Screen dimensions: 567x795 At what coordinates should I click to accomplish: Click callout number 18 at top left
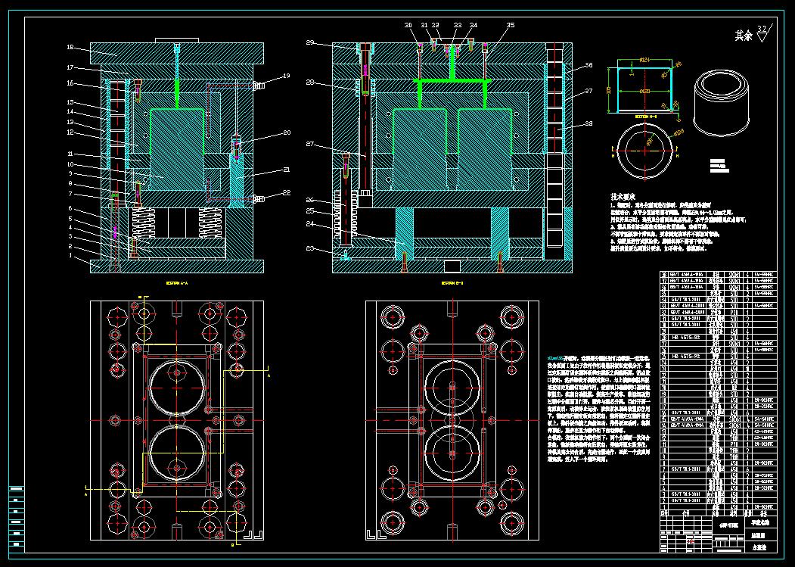click(x=70, y=48)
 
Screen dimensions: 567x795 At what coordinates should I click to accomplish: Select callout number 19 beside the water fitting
click(x=286, y=76)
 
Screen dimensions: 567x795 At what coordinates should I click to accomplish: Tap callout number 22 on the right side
click(x=286, y=192)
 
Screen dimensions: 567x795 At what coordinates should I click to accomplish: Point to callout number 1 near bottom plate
click(x=70, y=256)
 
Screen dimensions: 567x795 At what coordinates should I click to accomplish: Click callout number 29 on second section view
click(x=309, y=42)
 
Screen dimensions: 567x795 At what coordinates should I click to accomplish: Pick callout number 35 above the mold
click(x=511, y=25)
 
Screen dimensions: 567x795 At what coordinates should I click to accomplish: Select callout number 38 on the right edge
click(x=588, y=124)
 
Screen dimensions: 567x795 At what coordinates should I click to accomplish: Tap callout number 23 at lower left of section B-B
click(x=309, y=248)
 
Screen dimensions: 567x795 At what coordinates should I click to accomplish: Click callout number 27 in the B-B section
click(x=309, y=143)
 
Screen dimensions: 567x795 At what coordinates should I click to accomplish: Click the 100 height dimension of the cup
click(x=609, y=89)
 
